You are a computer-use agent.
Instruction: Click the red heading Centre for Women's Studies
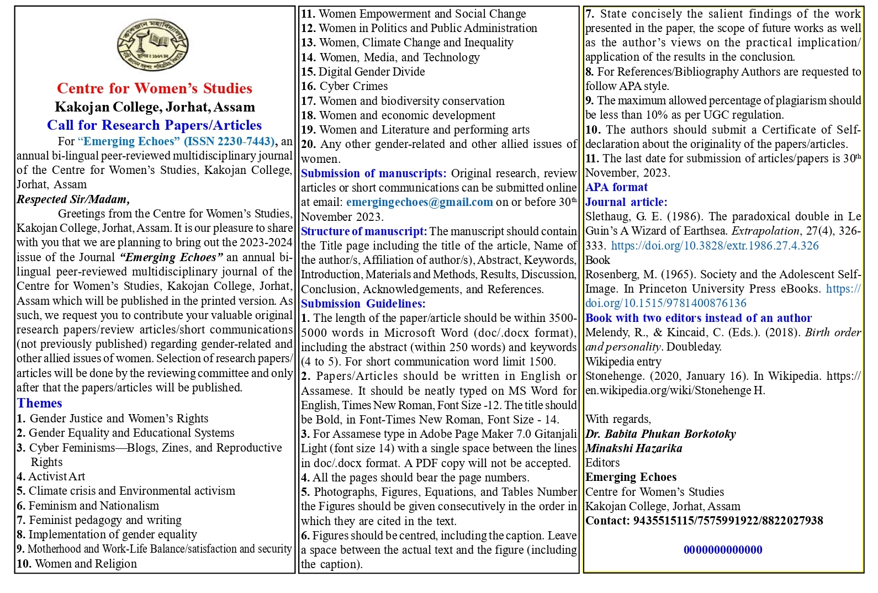[x=154, y=88]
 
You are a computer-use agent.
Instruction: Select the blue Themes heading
[x=39, y=403]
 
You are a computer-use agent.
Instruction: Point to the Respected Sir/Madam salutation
[x=73, y=199]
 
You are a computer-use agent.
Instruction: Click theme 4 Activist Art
[x=51, y=476]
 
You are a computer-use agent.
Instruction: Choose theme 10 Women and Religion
[x=77, y=564]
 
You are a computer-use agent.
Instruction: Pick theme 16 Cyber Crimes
[x=344, y=86]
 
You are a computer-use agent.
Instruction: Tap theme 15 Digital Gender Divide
[x=363, y=72]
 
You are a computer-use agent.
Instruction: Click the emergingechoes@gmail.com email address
[x=419, y=202]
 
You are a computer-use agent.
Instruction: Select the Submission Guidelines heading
[x=363, y=304]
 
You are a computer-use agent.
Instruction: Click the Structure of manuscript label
[x=363, y=231]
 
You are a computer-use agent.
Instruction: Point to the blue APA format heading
[x=616, y=187]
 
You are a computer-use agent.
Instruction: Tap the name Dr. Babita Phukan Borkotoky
[x=660, y=434]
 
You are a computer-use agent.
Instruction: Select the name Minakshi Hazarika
[x=633, y=448]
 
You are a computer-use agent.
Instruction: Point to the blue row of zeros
[x=723, y=550]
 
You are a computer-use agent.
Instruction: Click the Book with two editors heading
[x=699, y=318]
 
